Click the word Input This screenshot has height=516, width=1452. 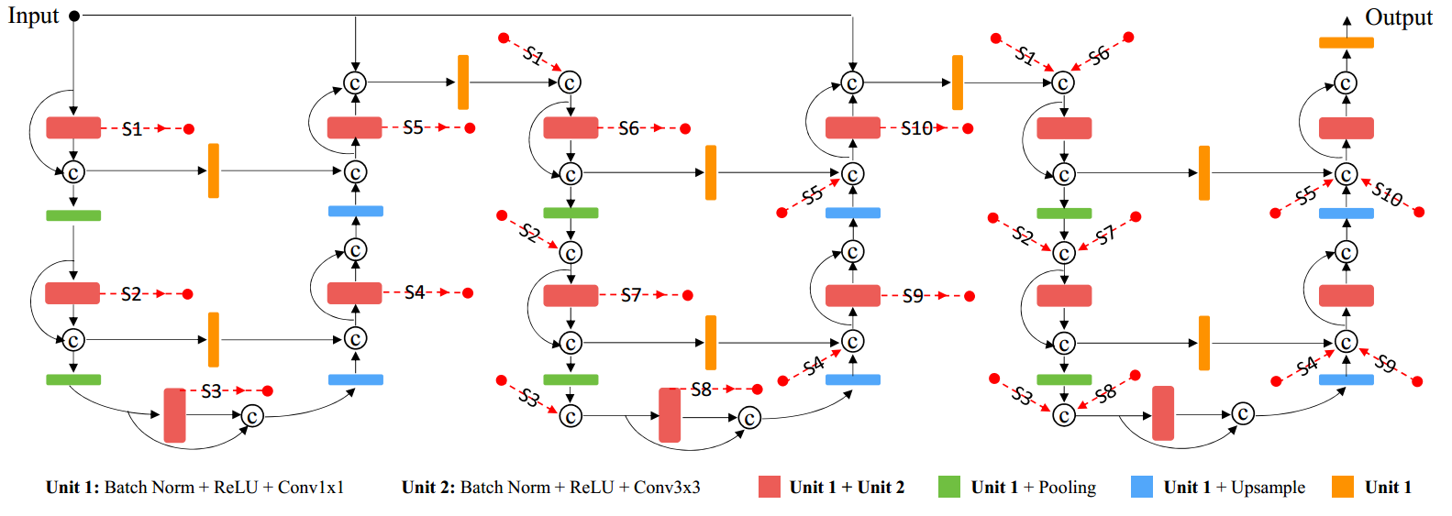[x=33, y=16]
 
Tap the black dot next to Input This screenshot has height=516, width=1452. [x=74, y=16]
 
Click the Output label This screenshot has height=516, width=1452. [x=1398, y=17]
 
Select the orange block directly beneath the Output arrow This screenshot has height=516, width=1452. [x=1346, y=42]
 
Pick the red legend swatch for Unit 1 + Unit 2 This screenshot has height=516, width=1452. [x=770, y=487]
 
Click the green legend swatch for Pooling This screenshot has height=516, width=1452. [x=949, y=487]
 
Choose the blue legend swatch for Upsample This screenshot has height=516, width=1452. [x=1142, y=487]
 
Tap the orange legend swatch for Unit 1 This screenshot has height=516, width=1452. [x=1343, y=487]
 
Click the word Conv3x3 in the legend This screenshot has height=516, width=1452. [x=667, y=488]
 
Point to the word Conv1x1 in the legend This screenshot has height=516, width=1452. [x=311, y=488]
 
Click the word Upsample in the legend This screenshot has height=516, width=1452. [x=1268, y=488]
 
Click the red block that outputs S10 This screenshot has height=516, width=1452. [x=852, y=127]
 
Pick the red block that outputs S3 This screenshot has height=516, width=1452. [x=174, y=415]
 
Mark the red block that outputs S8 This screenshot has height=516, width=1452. [x=670, y=415]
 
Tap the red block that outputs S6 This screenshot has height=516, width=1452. [x=571, y=127]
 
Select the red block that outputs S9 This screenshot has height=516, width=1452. [x=852, y=295]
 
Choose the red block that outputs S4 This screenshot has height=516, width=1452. [x=354, y=292]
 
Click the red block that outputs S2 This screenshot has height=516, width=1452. [x=72, y=293]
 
